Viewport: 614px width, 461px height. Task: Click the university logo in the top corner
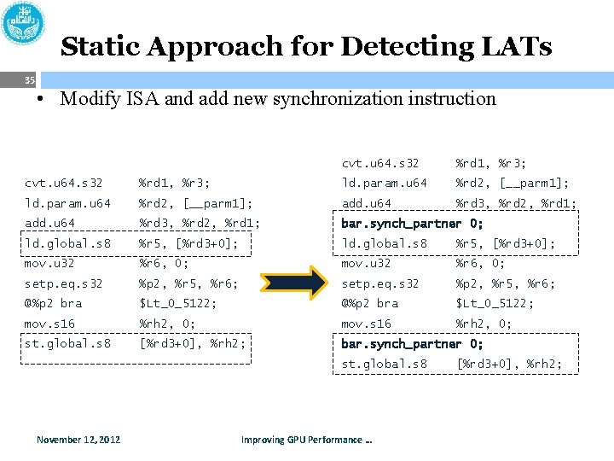click(24, 23)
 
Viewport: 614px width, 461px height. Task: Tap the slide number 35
click(30, 81)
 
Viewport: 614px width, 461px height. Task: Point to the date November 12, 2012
click(78, 440)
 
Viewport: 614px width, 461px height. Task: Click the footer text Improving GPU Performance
click(306, 440)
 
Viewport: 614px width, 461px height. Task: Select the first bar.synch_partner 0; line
click(412, 224)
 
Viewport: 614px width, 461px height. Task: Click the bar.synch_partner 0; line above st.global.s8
click(412, 344)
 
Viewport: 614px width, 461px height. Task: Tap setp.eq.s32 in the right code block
click(380, 283)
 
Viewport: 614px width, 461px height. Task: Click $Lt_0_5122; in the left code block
click(177, 303)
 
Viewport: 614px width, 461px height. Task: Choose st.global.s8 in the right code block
click(384, 365)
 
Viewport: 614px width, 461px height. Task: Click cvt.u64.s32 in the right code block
click(380, 163)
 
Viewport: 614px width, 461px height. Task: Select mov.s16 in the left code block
click(49, 324)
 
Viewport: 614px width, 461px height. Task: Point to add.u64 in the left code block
click(49, 223)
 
